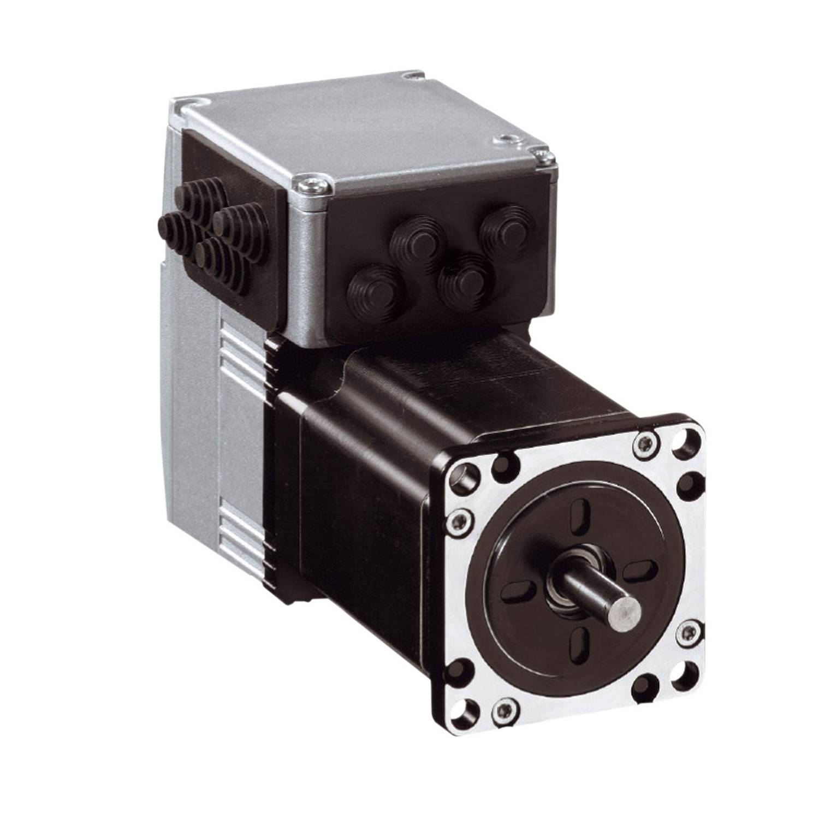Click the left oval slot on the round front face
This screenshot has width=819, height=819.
point(516,591)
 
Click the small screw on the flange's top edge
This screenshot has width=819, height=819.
point(642,447)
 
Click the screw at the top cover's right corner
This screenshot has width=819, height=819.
point(541,157)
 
